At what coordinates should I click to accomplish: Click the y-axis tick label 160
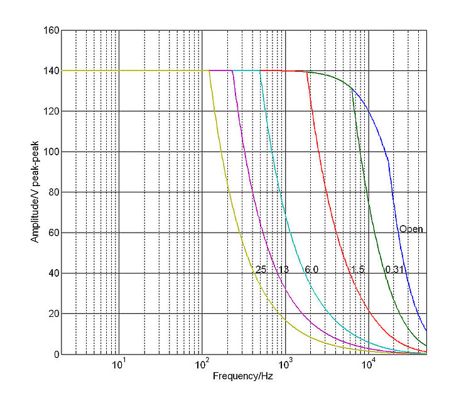pyautogui.click(x=52, y=30)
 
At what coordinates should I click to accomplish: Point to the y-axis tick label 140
pyautogui.click(x=52, y=71)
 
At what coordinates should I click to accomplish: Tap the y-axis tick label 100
pyautogui.click(x=52, y=152)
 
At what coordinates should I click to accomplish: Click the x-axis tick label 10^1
pyautogui.click(x=118, y=365)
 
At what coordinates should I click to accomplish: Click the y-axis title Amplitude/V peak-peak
pyautogui.click(x=36, y=192)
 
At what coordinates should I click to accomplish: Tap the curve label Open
pyautogui.click(x=411, y=229)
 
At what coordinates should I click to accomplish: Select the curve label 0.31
pyautogui.click(x=394, y=270)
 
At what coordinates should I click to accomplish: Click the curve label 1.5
pyautogui.click(x=357, y=270)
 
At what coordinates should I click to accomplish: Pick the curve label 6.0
pyautogui.click(x=311, y=270)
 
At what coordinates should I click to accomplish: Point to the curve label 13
pyautogui.click(x=283, y=270)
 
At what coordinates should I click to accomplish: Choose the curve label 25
pyautogui.click(x=261, y=270)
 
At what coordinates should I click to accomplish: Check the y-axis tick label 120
pyautogui.click(x=52, y=111)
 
